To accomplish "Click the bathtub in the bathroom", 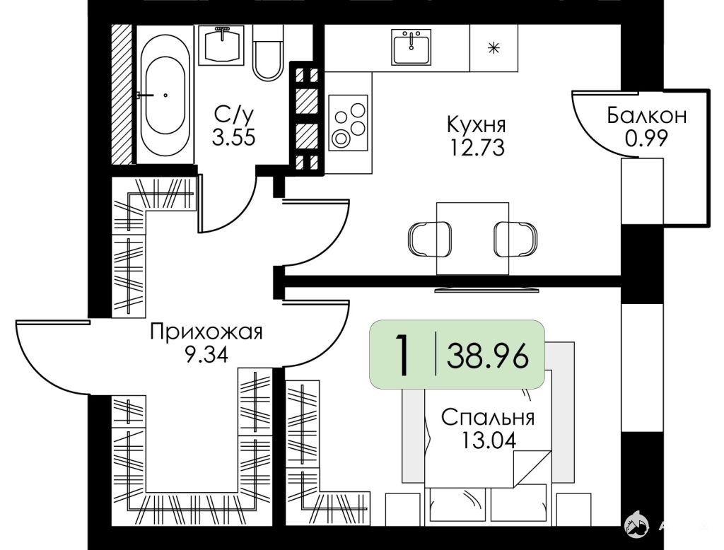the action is tap(165, 94).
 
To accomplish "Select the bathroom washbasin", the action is tap(222, 45).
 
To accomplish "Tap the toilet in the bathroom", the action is tap(268, 53).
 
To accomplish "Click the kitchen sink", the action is tap(411, 47).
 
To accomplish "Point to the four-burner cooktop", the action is tap(348, 123).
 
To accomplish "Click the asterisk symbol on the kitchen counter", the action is tap(494, 47).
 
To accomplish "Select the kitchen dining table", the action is tap(473, 238).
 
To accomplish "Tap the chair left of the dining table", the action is tap(429, 239).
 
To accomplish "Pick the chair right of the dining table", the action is tap(515, 239).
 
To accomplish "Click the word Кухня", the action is tap(477, 124).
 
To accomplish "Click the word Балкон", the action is tap(647, 115).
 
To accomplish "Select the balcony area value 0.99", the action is tap(646, 138).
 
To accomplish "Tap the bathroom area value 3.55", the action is tap(233, 137).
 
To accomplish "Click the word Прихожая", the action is tap(206, 332).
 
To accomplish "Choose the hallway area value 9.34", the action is tap(206, 355).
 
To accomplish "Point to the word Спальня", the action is tap(488, 418).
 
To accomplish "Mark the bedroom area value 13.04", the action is tap(488, 440).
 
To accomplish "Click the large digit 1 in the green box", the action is tap(402, 355).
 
